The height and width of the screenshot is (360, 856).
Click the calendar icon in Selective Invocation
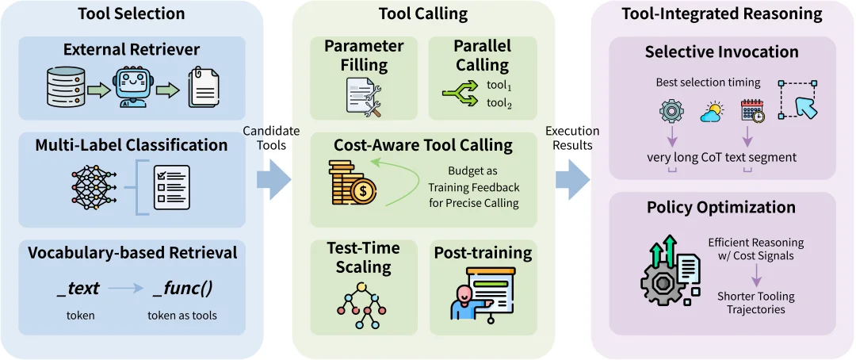751,112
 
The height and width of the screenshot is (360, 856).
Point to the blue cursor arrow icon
800,100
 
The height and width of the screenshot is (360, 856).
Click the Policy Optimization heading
720,208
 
